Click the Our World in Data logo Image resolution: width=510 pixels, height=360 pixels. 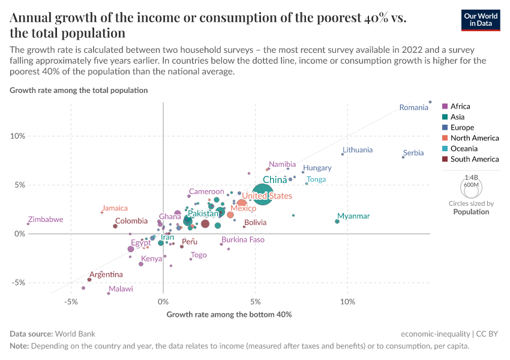481,20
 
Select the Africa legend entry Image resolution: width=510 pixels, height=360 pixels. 460,107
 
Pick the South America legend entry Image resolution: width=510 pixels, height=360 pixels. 474,159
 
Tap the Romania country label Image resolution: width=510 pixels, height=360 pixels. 414,108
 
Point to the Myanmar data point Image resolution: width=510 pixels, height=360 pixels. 337,221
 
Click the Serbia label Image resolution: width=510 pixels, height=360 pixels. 413,153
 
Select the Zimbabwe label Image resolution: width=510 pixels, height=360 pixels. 46,220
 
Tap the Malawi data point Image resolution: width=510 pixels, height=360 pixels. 109,293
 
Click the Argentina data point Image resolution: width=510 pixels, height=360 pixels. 89,280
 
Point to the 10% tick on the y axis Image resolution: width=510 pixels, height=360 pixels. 17,136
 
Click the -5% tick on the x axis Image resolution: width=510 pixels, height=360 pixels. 71,301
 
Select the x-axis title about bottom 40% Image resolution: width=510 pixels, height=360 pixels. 229,314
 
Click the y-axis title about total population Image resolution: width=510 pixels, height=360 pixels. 79,91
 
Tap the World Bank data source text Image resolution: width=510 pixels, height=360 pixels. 74,334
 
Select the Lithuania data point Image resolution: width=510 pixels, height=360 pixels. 343,154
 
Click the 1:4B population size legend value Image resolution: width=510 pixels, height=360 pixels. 471,178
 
